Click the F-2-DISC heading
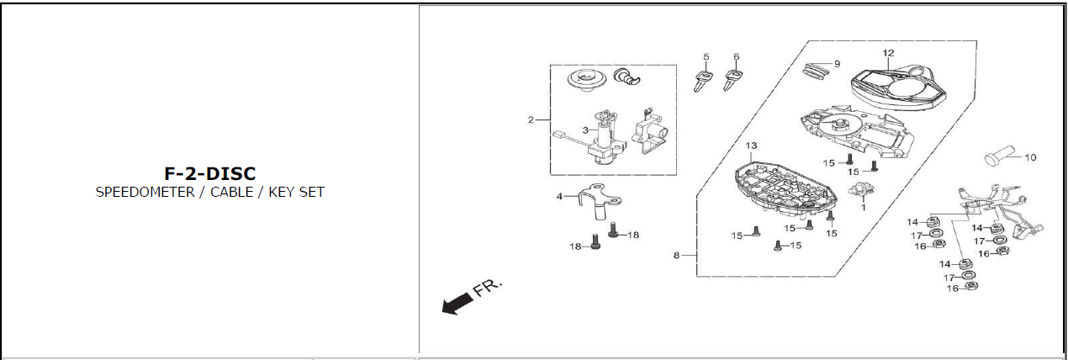pos(209,174)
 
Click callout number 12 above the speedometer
pos(888,53)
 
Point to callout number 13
pos(751,146)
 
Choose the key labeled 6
pos(733,81)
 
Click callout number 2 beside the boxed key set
pos(531,119)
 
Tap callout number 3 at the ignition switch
pos(584,130)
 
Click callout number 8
pos(676,255)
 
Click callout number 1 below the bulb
pos(863,204)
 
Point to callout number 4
pos(559,197)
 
